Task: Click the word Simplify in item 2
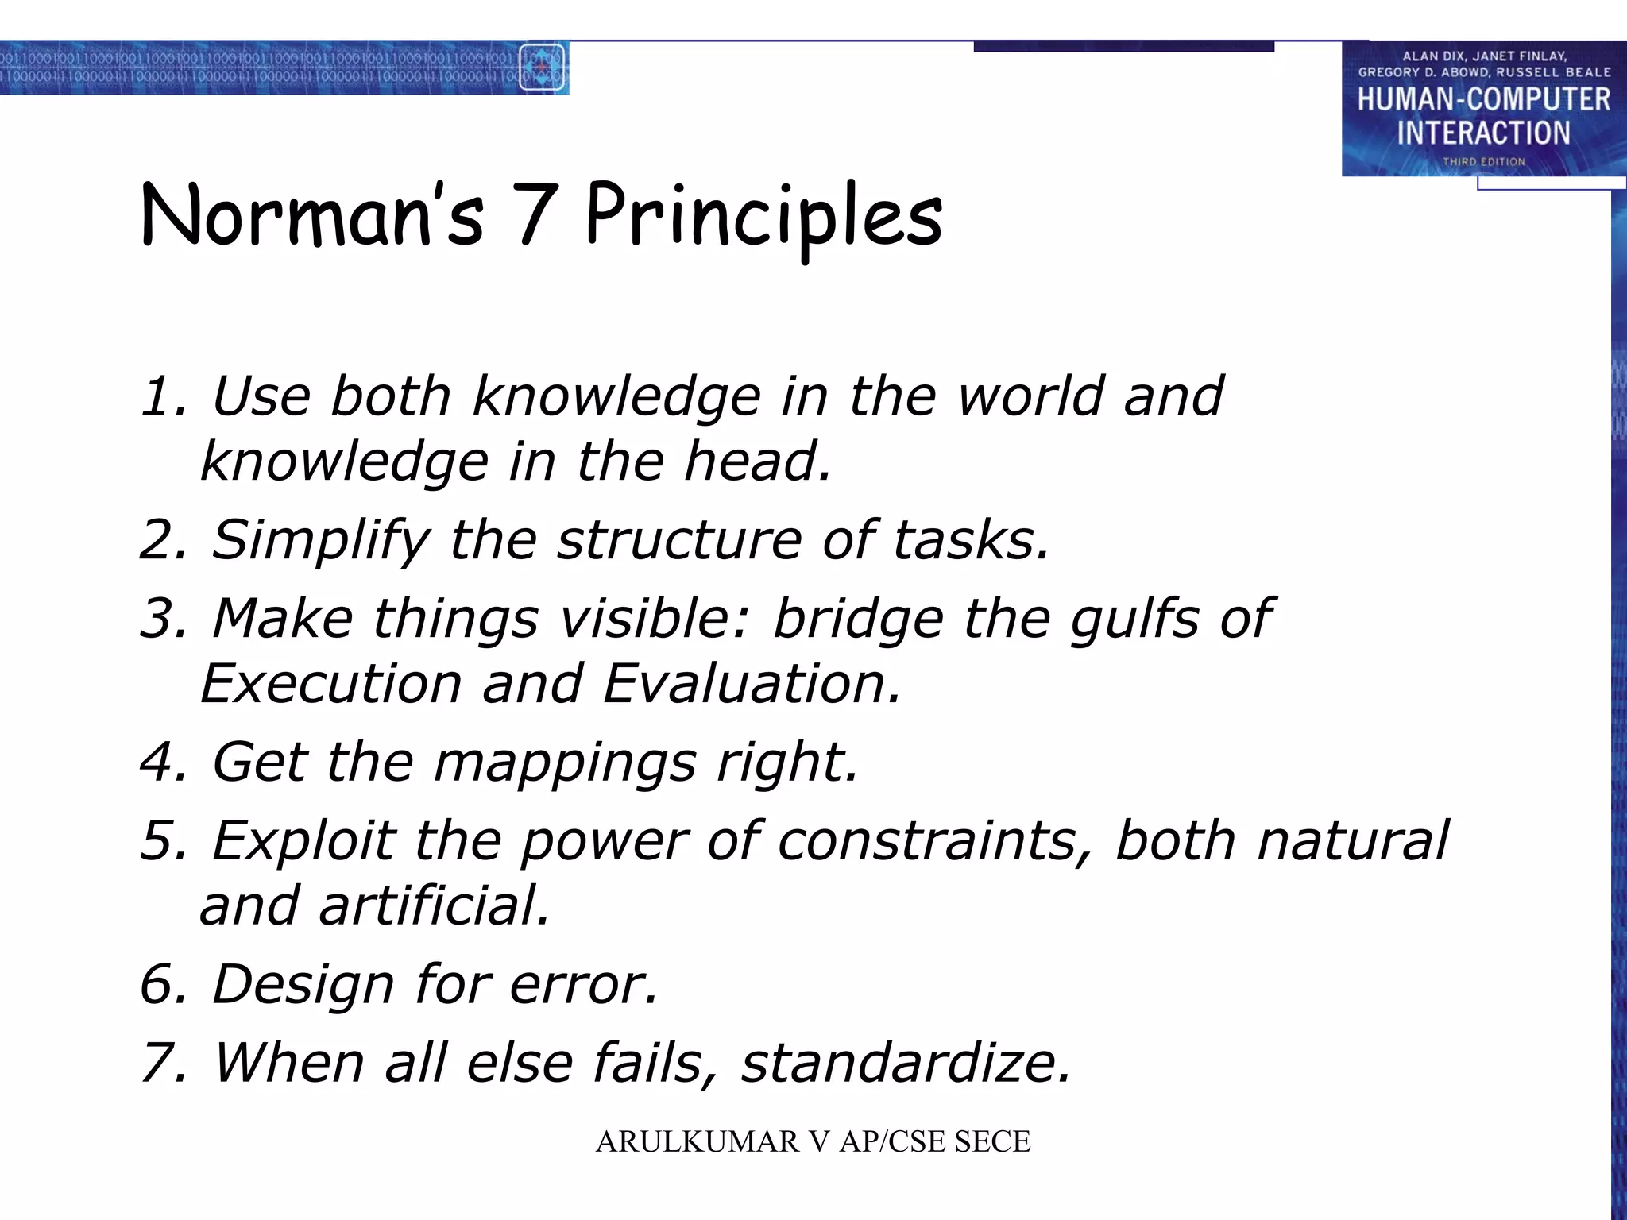(320, 540)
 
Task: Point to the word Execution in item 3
(331, 684)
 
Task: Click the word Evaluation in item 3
(752, 684)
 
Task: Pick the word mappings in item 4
(564, 762)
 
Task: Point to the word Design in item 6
(303, 984)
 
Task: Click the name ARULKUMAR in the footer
(697, 1141)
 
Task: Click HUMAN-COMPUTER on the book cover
(1483, 100)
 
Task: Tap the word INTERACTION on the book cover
(1483, 133)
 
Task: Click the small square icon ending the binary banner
(542, 68)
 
